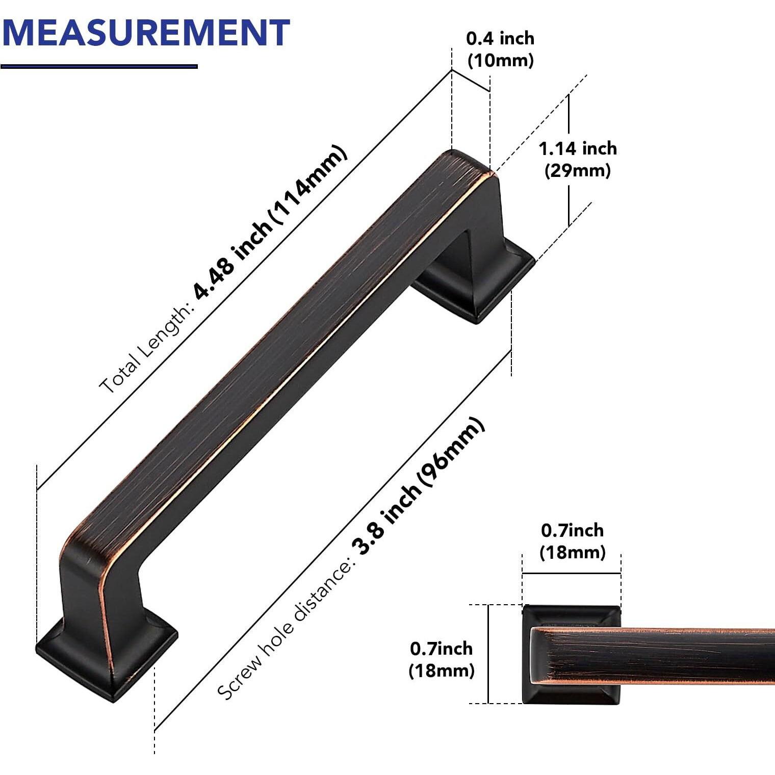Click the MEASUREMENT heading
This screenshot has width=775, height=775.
pos(146,33)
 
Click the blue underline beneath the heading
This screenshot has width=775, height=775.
pos(99,66)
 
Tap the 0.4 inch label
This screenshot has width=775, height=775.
pos(500,38)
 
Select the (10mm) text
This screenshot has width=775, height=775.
pos(500,60)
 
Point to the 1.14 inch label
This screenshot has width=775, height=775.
pos(577,148)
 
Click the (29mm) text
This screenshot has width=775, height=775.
pos(577,170)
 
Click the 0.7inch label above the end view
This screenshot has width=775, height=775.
pos(572,530)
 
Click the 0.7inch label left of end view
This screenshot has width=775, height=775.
pos(441,649)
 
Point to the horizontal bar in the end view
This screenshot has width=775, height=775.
pos(663,655)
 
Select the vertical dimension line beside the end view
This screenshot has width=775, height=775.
pos(488,654)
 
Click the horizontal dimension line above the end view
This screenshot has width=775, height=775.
pos(571,574)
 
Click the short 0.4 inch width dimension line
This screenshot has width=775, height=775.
pos(471,80)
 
